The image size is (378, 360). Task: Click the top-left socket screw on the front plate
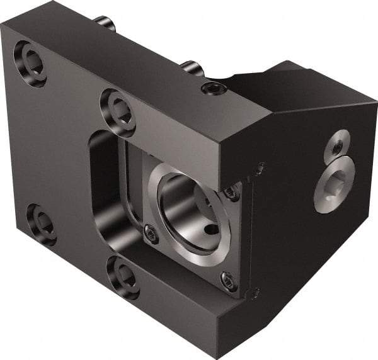(30, 64)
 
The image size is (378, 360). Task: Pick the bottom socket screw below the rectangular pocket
(123, 275)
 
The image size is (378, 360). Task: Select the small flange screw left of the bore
(151, 233)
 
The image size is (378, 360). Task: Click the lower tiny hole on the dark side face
(255, 293)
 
